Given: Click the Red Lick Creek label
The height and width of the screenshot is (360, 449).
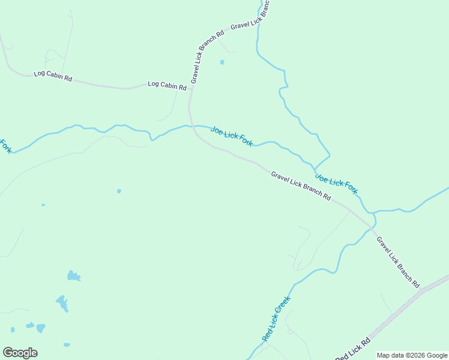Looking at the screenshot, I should tap(276, 319).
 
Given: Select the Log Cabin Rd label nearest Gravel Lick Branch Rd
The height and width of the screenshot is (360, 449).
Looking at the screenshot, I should tap(167, 86).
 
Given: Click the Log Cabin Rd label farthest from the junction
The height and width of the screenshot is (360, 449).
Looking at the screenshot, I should tap(53, 76).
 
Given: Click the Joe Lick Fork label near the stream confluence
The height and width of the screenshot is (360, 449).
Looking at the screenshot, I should tap(337, 184).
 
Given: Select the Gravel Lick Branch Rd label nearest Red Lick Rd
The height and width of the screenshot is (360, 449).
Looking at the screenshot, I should tap(397, 260).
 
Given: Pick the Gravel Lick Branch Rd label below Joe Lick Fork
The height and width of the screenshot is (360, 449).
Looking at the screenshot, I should tap(300, 185).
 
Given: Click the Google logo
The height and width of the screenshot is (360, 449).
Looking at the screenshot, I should tap(20, 352).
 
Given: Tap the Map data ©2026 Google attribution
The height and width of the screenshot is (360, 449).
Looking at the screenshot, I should tap(412, 355).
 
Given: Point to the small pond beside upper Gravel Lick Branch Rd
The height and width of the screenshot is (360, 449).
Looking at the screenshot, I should tap(222, 62).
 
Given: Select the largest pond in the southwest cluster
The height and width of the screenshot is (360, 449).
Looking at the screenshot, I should tap(62, 302).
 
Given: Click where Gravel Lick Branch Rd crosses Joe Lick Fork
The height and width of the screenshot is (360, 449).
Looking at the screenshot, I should tap(192, 126).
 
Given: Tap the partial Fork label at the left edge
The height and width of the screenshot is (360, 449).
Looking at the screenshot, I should tap(5, 146).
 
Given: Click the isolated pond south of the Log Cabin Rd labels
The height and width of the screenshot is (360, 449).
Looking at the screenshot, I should tap(119, 191).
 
